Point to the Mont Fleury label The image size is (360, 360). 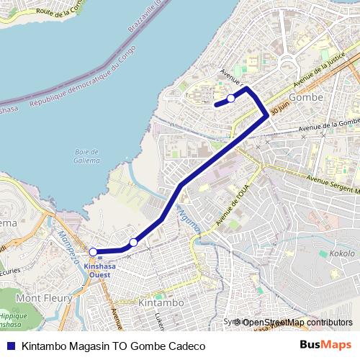[44, 297]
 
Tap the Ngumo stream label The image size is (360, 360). [186, 220]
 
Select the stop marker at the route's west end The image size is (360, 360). [93, 252]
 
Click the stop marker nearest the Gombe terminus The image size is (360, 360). [230, 99]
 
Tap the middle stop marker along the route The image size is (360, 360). [132, 243]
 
